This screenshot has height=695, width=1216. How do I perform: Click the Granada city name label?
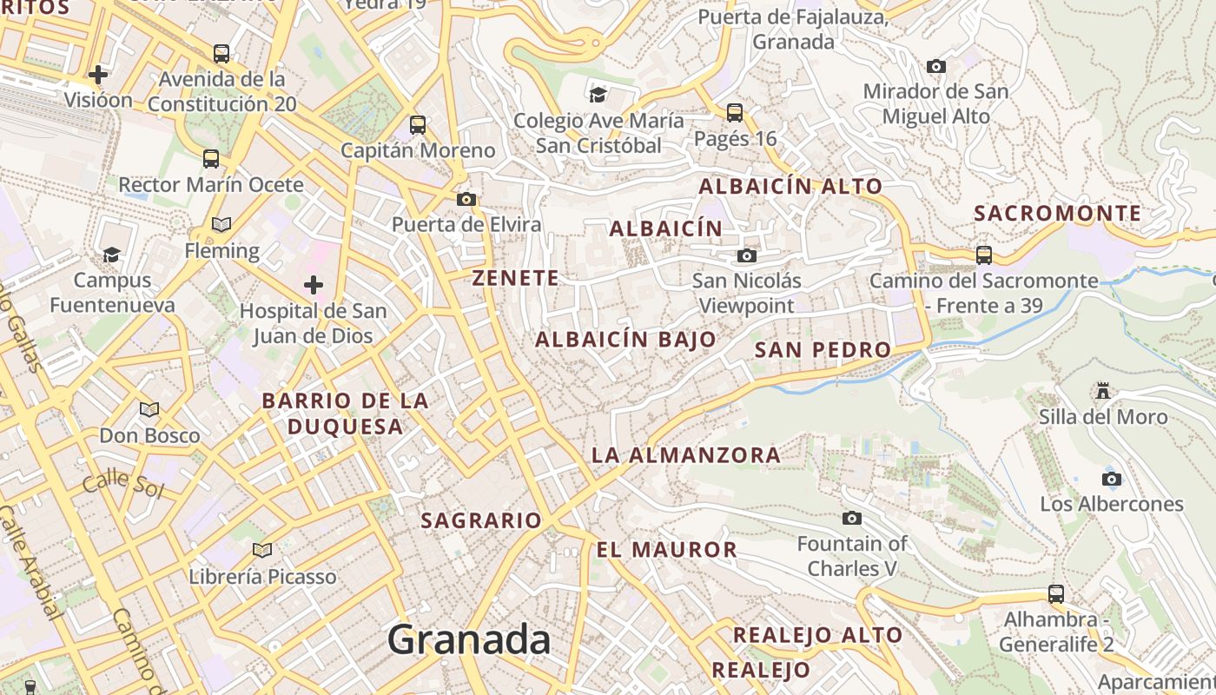468,640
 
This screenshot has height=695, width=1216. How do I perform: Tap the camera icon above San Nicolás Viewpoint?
746,255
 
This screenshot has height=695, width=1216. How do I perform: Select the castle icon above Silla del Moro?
1103,391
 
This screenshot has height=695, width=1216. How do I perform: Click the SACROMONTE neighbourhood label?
1057,214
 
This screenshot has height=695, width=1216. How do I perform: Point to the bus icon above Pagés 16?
735,112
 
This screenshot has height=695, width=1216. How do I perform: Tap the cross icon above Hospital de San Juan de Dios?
314,285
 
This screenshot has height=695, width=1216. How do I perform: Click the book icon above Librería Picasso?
262,550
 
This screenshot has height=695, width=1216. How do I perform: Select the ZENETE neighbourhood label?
516,278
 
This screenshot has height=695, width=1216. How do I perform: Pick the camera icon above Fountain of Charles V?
852,519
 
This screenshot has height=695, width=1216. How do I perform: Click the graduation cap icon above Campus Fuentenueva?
112,255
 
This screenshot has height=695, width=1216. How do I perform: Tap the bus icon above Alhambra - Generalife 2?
1056,594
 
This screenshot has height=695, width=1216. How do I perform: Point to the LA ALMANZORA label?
685,455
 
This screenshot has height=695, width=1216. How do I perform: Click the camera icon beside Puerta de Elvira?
466,200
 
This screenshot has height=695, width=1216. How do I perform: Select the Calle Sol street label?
122,483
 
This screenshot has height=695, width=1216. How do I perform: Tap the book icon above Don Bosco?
149,409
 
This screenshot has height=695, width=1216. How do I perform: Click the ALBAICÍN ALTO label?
790,187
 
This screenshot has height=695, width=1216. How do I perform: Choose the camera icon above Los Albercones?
1111,479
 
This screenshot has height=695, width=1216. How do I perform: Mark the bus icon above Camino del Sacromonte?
984,255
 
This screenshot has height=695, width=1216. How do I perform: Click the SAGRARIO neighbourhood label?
481,521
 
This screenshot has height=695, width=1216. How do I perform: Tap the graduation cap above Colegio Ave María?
598,95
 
